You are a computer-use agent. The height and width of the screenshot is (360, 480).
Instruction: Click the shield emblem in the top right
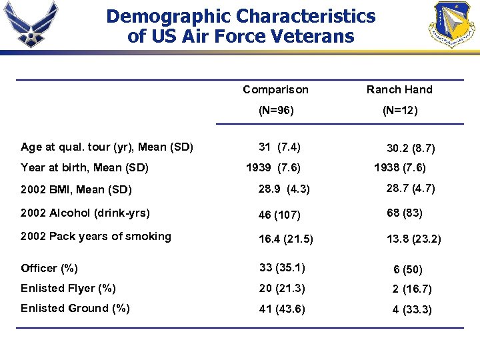pos(454,24)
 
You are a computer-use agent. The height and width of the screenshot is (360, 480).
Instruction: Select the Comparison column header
pos(275,89)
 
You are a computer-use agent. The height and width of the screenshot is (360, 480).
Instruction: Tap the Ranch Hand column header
pos(399,89)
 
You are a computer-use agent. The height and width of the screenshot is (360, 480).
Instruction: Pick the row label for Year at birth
pos(85,167)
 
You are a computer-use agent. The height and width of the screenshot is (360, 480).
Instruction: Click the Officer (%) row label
pos(49,268)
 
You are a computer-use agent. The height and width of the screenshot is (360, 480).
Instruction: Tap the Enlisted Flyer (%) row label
pos(69,288)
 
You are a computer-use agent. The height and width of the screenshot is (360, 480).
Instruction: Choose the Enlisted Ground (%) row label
pos(75,308)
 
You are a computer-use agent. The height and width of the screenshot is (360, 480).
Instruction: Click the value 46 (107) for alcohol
pos(279,215)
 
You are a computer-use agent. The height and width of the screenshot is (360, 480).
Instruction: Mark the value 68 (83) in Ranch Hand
pos(404,213)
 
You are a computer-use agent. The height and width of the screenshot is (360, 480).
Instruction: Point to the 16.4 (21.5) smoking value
pos(286,239)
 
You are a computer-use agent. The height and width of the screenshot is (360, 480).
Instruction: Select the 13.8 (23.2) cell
pos(413,239)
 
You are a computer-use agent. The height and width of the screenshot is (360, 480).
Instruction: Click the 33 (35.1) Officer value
pos(282,268)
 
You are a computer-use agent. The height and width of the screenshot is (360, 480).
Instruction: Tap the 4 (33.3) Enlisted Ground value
pos(412,309)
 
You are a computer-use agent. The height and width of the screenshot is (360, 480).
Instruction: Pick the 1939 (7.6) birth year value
pos(273,167)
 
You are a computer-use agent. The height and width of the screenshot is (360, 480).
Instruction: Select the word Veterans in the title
pos(311,36)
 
